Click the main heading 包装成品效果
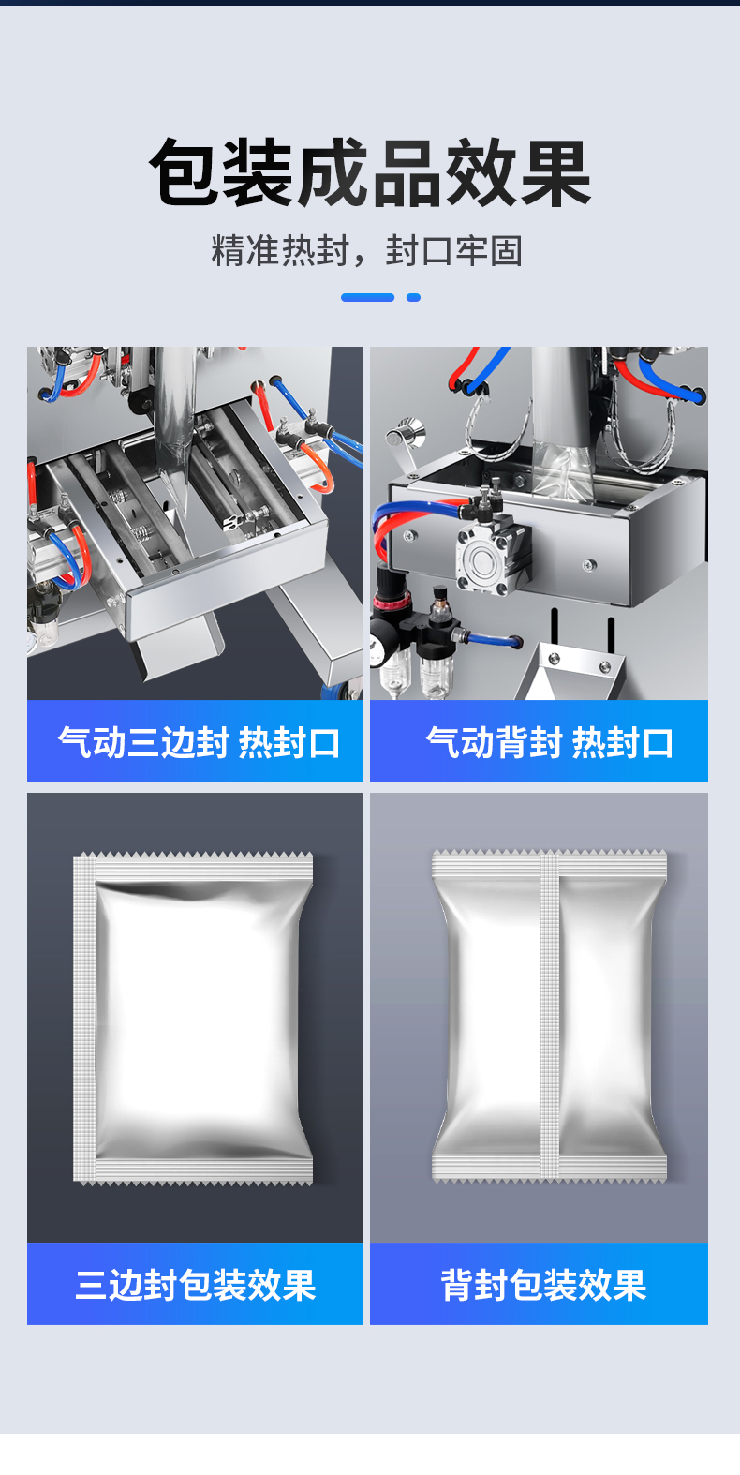[x=370, y=172]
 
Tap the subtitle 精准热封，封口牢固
[x=367, y=251]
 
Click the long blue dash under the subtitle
[x=367, y=298]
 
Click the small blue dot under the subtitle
[x=413, y=298]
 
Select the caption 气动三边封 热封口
[x=199, y=743]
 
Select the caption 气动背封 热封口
[x=549, y=743]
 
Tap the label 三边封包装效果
[x=196, y=1285]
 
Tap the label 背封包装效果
[x=543, y=1285]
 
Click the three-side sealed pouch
[x=193, y=1018]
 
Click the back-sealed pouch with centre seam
[x=549, y=1016]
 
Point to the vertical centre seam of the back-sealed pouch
[x=549, y=1016]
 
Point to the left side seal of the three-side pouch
[x=84, y=1018]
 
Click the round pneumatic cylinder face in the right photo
[x=485, y=561]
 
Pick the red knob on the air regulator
[x=384, y=603]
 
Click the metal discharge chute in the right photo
[x=570, y=672]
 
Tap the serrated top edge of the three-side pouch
[x=194, y=856]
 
